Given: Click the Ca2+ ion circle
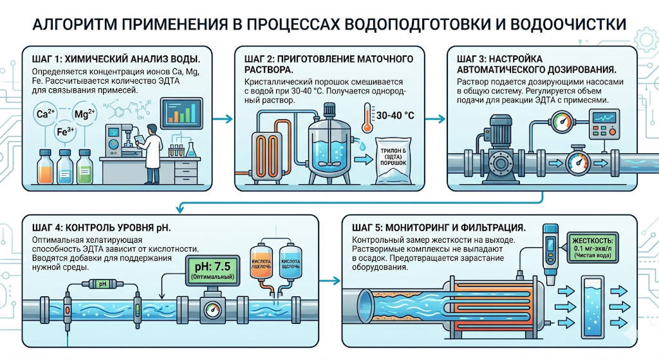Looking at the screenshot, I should click(x=46, y=115).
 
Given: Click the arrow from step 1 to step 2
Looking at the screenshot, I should click(x=222, y=119).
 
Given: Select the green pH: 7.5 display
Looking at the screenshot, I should click(x=210, y=269).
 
